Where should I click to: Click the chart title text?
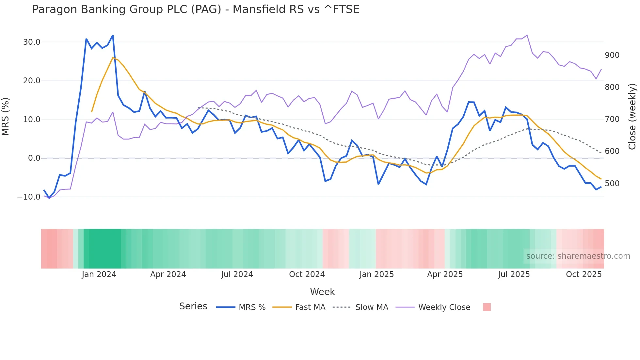(196, 9)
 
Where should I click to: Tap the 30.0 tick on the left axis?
(32, 42)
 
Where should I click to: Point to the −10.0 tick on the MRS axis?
(29, 197)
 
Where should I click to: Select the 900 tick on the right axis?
(612, 55)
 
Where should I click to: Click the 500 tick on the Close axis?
(612, 184)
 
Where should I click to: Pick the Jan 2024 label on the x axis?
(99, 274)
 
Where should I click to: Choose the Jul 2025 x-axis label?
(514, 274)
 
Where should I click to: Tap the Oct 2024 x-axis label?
(307, 274)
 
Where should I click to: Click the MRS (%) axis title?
(6, 117)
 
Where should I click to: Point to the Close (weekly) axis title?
(632, 117)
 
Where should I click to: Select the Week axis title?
(322, 292)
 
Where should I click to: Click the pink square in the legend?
(487, 307)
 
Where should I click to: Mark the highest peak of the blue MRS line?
(113, 35)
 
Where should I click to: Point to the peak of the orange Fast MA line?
(113, 57)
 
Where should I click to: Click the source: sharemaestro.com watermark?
(578, 256)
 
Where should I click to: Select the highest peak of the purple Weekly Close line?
(527, 35)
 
